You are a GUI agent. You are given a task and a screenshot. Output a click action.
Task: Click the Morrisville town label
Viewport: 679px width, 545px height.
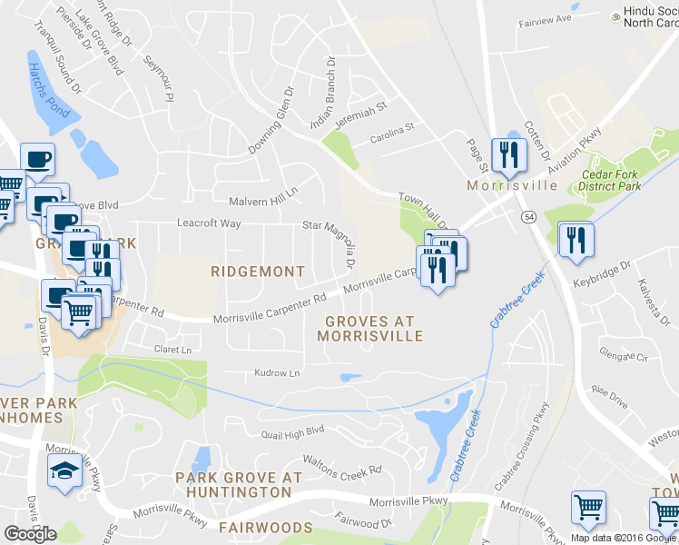pos(511,185)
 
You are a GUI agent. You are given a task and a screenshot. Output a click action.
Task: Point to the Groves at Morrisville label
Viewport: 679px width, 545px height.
pos(369,328)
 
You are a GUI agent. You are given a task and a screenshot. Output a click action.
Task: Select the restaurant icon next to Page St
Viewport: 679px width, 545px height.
pos(507,154)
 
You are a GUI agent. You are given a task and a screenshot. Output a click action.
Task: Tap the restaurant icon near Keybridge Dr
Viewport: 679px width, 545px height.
pos(576,239)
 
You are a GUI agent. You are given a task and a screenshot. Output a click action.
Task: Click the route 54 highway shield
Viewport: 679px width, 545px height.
pos(527,216)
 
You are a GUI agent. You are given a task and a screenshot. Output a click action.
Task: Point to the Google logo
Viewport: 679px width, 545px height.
pos(30,533)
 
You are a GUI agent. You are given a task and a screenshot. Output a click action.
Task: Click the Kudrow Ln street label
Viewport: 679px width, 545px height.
pos(277,373)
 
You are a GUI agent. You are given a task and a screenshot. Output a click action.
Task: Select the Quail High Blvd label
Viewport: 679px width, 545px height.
pos(291,431)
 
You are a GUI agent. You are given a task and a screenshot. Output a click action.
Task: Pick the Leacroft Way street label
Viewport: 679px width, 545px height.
pos(209,223)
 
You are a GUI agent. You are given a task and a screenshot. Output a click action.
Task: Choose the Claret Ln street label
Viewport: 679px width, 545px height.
pos(174,349)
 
